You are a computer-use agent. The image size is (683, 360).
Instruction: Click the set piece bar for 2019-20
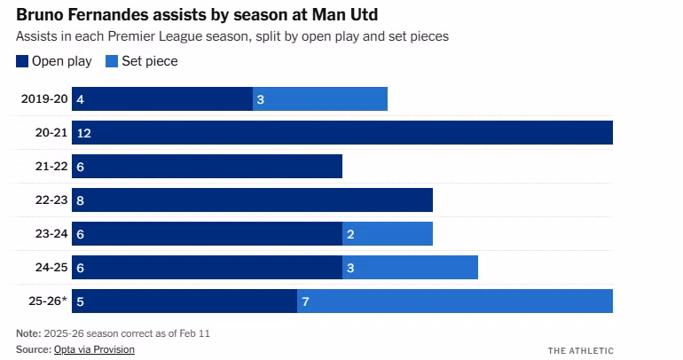pyautogui.click(x=320, y=99)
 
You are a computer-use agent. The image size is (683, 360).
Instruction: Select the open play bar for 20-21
pyautogui.click(x=342, y=133)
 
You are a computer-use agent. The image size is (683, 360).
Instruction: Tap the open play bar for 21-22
pyautogui.click(x=207, y=167)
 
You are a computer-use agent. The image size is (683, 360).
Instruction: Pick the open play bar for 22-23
pyautogui.click(x=252, y=200)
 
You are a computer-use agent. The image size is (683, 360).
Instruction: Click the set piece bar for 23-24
pyautogui.click(x=388, y=234)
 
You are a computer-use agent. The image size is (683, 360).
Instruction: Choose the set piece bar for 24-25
pyautogui.click(x=410, y=268)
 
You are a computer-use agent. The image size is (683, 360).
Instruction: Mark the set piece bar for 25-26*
pyautogui.click(x=455, y=301)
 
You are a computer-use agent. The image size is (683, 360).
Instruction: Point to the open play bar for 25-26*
pyautogui.click(x=184, y=301)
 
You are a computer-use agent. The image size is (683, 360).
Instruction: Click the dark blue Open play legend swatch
pyautogui.click(x=22, y=61)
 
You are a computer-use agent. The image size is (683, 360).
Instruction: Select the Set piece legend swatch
pyautogui.click(x=112, y=61)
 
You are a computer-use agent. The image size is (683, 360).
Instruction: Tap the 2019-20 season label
pyautogui.click(x=44, y=99)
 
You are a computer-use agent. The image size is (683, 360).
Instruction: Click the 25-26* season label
pyautogui.click(x=46, y=301)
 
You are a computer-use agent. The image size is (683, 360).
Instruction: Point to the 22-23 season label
pyautogui.click(x=51, y=200)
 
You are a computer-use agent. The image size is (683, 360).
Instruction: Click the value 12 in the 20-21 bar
pyautogui.click(x=84, y=133)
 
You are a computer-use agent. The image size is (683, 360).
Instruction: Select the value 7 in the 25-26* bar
pyautogui.click(x=305, y=301)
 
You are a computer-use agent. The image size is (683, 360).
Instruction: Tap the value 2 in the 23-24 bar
pyautogui.click(x=350, y=234)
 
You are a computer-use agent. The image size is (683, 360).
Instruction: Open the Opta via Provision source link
pyautogui.click(x=94, y=349)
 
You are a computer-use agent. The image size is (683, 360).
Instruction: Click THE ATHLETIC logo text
pyautogui.click(x=580, y=350)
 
